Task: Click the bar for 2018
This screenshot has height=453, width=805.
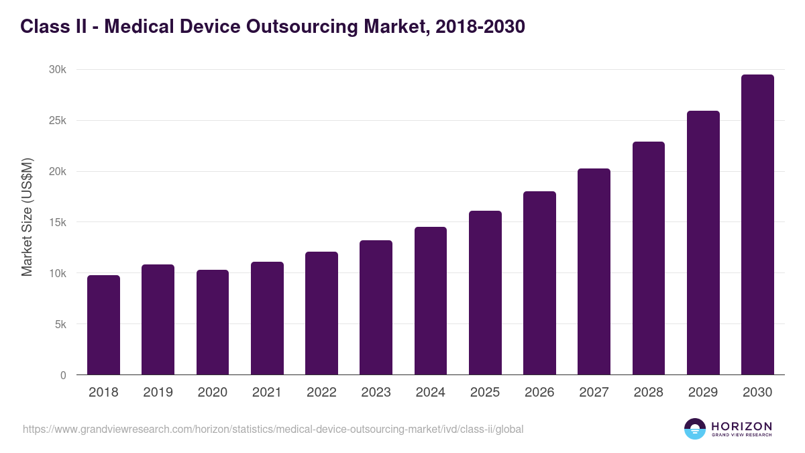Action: [103, 325]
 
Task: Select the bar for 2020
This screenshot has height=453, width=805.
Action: [213, 322]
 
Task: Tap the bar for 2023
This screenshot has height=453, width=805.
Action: [376, 307]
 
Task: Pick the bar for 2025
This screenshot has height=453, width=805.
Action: [485, 293]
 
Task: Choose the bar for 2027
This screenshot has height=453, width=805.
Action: [594, 272]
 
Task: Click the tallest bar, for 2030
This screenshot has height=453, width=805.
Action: [757, 225]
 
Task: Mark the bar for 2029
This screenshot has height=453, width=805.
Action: [703, 243]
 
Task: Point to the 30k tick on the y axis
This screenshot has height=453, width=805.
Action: [58, 70]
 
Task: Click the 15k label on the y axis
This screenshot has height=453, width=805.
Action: [58, 222]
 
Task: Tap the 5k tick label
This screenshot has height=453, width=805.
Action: [60, 324]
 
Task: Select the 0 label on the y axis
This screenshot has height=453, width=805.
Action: [63, 375]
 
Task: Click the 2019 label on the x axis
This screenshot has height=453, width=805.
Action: [158, 393]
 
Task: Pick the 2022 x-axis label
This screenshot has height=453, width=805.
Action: [321, 393]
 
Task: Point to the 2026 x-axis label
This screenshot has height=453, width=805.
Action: [539, 393]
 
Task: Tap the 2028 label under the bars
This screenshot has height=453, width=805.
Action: [649, 393]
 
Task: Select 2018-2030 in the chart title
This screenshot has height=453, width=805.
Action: [480, 27]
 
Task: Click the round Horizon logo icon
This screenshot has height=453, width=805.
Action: [695, 429]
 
